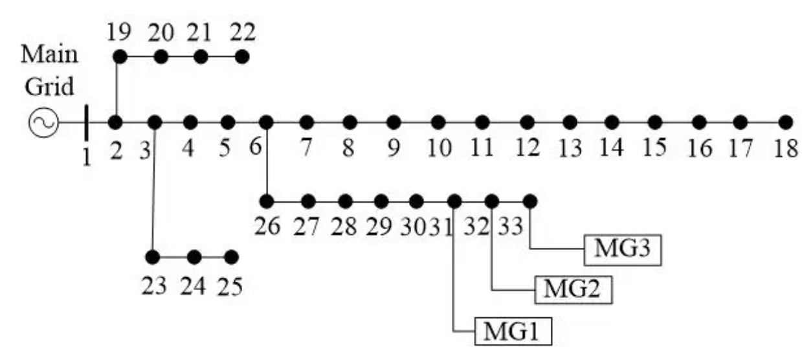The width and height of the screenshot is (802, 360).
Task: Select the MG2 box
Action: click(x=573, y=289)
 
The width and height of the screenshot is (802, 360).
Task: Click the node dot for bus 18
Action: click(x=785, y=122)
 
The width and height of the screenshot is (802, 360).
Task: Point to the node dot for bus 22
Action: click(x=241, y=56)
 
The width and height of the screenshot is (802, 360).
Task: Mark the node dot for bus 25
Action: click(x=230, y=257)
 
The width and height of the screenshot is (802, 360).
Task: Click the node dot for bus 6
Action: click(x=265, y=122)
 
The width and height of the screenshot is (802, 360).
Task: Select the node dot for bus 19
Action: click(x=120, y=56)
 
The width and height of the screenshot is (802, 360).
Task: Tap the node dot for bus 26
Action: click(x=266, y=201)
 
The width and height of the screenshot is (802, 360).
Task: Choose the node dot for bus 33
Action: click(x=529, y=201)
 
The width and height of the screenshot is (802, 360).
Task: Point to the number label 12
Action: click(x=527, y=149)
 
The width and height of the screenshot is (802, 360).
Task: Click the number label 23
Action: click(x=154, y=286)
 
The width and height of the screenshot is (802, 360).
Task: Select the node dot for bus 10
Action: click(x=438, y=122)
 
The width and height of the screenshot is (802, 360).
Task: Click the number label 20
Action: click(x=161, y=32)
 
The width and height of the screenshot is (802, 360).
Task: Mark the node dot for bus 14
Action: click(x=612, y=122)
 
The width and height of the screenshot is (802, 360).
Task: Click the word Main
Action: click(x=50, y=54)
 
